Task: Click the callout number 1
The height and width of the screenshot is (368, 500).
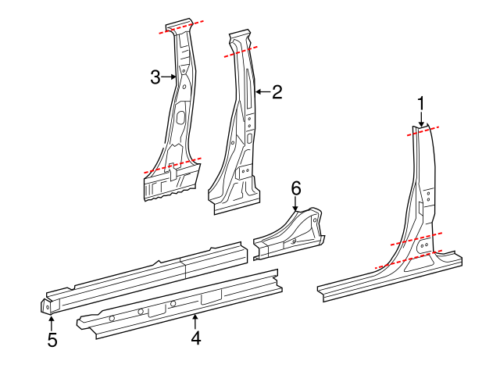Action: tap(421, 104)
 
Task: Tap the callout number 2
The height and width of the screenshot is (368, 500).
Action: tap(277, 92)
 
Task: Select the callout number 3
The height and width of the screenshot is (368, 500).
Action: tap(155, 77)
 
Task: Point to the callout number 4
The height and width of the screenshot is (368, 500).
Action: tap(196, 338)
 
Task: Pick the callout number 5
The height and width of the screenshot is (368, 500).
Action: tap(52, 340)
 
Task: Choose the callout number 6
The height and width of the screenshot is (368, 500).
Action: tap(296, 189)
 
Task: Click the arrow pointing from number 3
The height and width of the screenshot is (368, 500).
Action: tap(169, 77)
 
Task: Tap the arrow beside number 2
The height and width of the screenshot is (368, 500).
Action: tap(263, 92)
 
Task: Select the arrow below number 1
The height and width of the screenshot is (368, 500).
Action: tap(421, 119)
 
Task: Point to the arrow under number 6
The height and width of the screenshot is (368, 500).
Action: tap(296, 203)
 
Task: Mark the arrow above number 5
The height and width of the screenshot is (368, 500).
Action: tap(51, 323)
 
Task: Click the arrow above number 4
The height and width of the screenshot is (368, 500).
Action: tap(195, 322)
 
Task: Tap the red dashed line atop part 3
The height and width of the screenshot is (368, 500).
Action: tap(181, 27)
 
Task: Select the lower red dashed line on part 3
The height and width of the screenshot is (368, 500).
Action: tap(173, 165)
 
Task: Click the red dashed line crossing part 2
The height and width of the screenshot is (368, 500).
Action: tap(241, 52)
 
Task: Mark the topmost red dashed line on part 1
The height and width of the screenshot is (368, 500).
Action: tap(423, 131)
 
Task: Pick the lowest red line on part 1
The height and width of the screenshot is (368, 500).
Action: tap(409, 259)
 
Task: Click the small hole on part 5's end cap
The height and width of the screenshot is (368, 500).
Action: tap(48, 307)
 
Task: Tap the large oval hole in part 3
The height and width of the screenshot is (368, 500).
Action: tap(180, 117)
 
